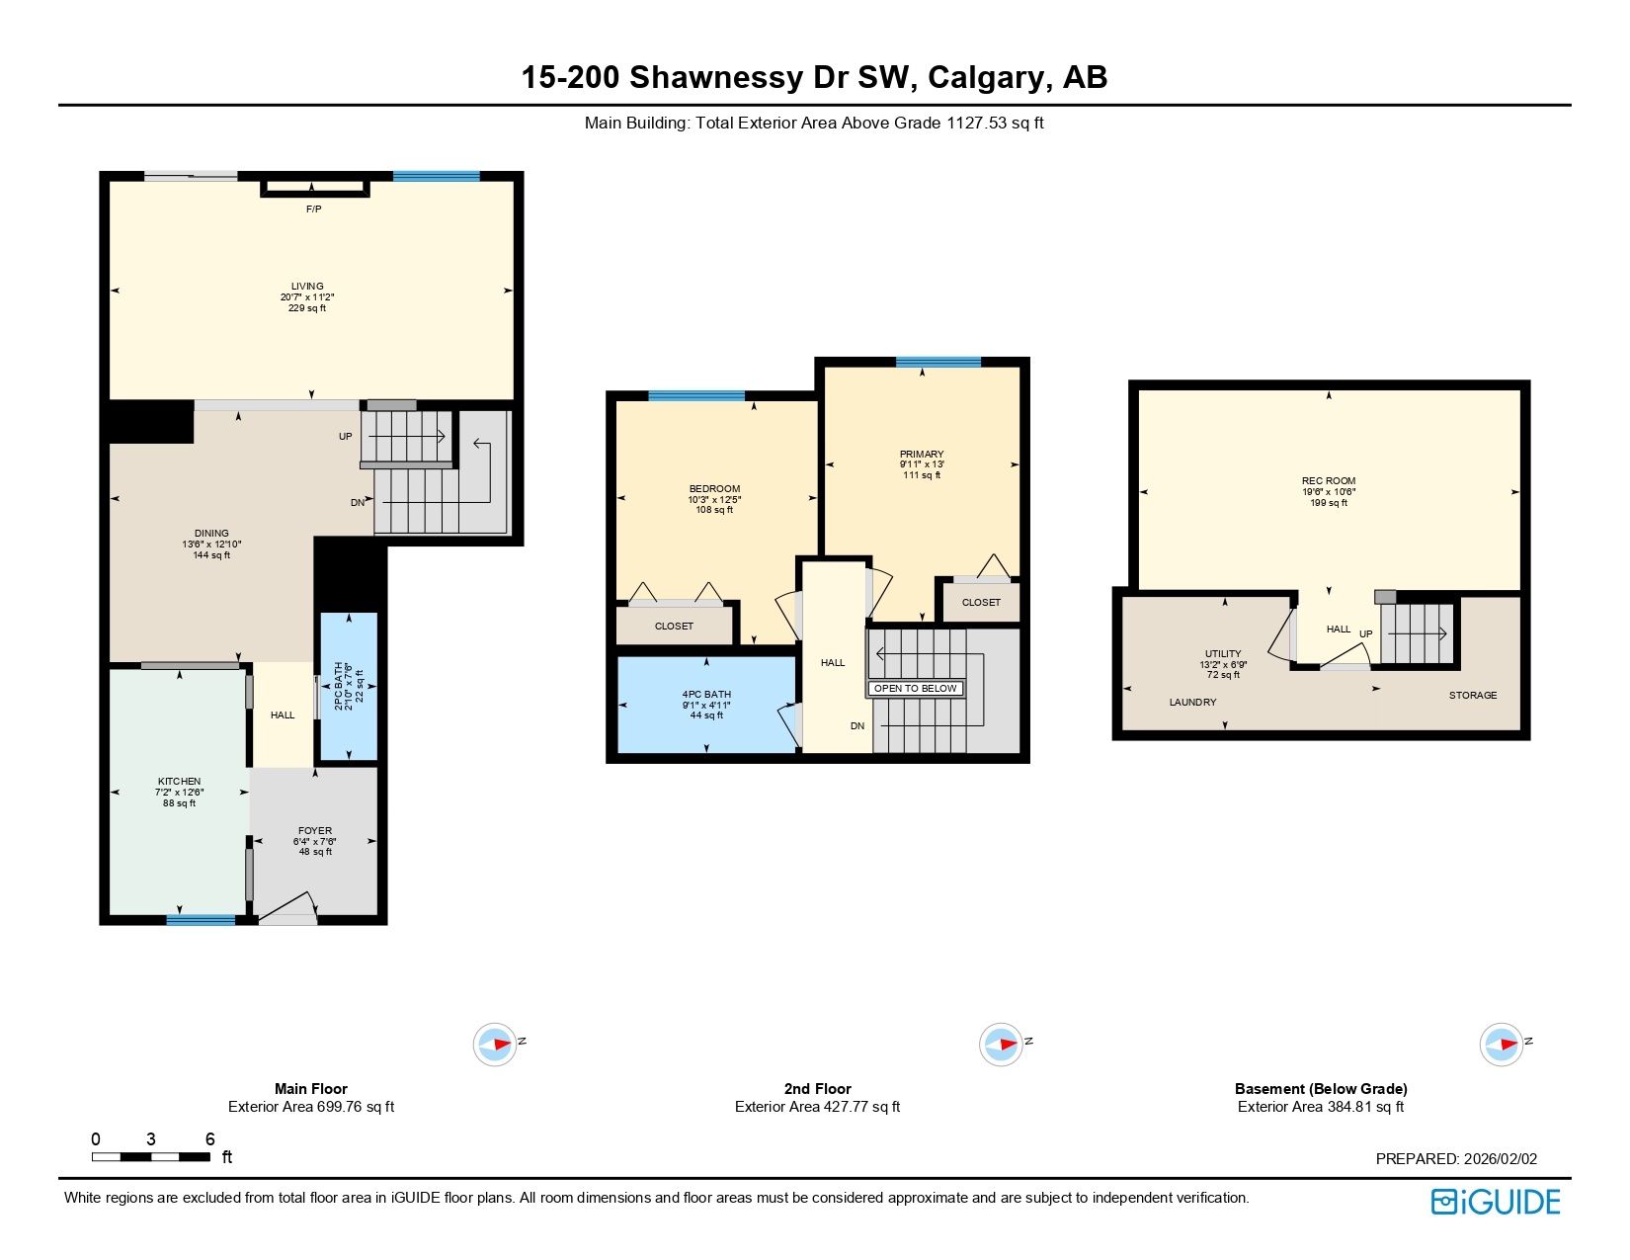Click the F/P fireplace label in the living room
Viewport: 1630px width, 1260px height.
coord(313,210)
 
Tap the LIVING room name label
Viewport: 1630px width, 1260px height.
coord(307,286)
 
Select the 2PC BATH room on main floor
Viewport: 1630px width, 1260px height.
coord(348,686)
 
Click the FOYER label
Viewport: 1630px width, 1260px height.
coord(315,831)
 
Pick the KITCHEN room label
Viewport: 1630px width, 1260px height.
coord(179,782)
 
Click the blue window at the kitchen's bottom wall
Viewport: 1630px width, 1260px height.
coord(201,920)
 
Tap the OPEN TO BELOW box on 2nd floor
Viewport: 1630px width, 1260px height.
coord(915,689)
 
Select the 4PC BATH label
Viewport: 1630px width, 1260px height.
coord(706,695)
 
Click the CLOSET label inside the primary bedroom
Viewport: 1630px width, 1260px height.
coord(981,603)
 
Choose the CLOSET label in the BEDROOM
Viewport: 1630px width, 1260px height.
coord(674,627)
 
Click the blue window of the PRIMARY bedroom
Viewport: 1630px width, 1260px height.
coord(937,363)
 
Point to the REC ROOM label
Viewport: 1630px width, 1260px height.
coord(1329,481)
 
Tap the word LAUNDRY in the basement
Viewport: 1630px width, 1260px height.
coord(1192,703)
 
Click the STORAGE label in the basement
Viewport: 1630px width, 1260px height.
coord(1473,696)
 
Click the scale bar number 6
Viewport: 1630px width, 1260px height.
coord(209,1139)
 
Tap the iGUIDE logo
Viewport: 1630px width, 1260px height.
coord(1495,1202)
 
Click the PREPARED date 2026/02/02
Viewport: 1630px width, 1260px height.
coord(1500,1159)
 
